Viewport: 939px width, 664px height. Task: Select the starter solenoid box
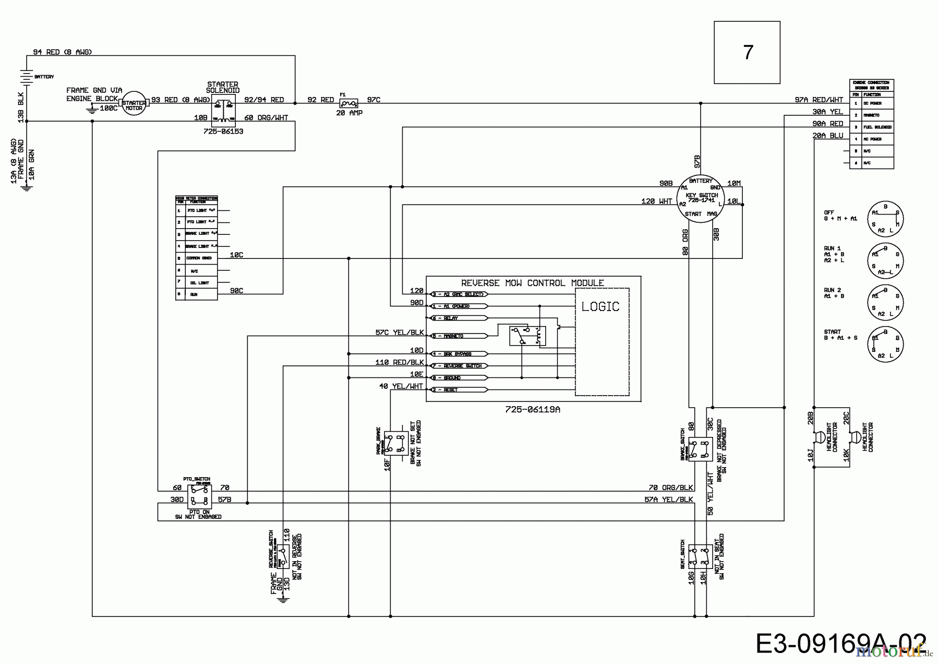tap(223, 110)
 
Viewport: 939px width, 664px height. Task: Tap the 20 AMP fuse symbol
tap(348, 104)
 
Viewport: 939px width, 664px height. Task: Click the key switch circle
tap(701, 198)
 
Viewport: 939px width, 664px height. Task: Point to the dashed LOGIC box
tap(602, 342)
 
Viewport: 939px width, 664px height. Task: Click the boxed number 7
tap(747, 52)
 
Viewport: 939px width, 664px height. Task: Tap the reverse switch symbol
tap(282, 556)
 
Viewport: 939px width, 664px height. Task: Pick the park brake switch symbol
tap(396, 443)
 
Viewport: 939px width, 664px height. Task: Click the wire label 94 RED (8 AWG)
tap(62, 52)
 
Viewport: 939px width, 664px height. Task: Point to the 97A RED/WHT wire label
tap(818, 100)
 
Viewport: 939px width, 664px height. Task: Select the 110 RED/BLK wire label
tap(400, 362)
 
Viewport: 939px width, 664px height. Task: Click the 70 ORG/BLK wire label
tap(670, 488)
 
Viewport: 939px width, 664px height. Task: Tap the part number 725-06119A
tap(533, 410)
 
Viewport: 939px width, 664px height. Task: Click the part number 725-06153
tap(223, 132)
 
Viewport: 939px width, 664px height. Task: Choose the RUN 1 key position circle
tap(885, 260)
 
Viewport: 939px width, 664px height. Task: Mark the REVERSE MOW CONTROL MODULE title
tap(533, 283)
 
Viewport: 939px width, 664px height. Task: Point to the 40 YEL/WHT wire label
tap(401, 386)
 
